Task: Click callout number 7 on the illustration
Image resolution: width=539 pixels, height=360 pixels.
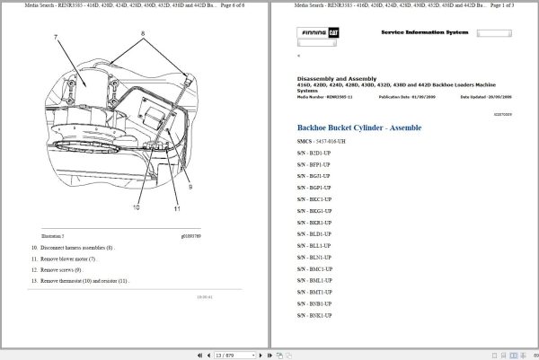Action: tap(55, 37)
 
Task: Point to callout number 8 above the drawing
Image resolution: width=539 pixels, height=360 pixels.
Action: tap(140, 33)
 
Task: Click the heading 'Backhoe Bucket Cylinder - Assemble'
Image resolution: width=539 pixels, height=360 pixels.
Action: tap(358, 127)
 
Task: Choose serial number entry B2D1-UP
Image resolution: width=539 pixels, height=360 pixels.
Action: tap(314, 154)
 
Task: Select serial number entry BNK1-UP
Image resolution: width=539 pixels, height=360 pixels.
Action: tap(314, 315)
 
